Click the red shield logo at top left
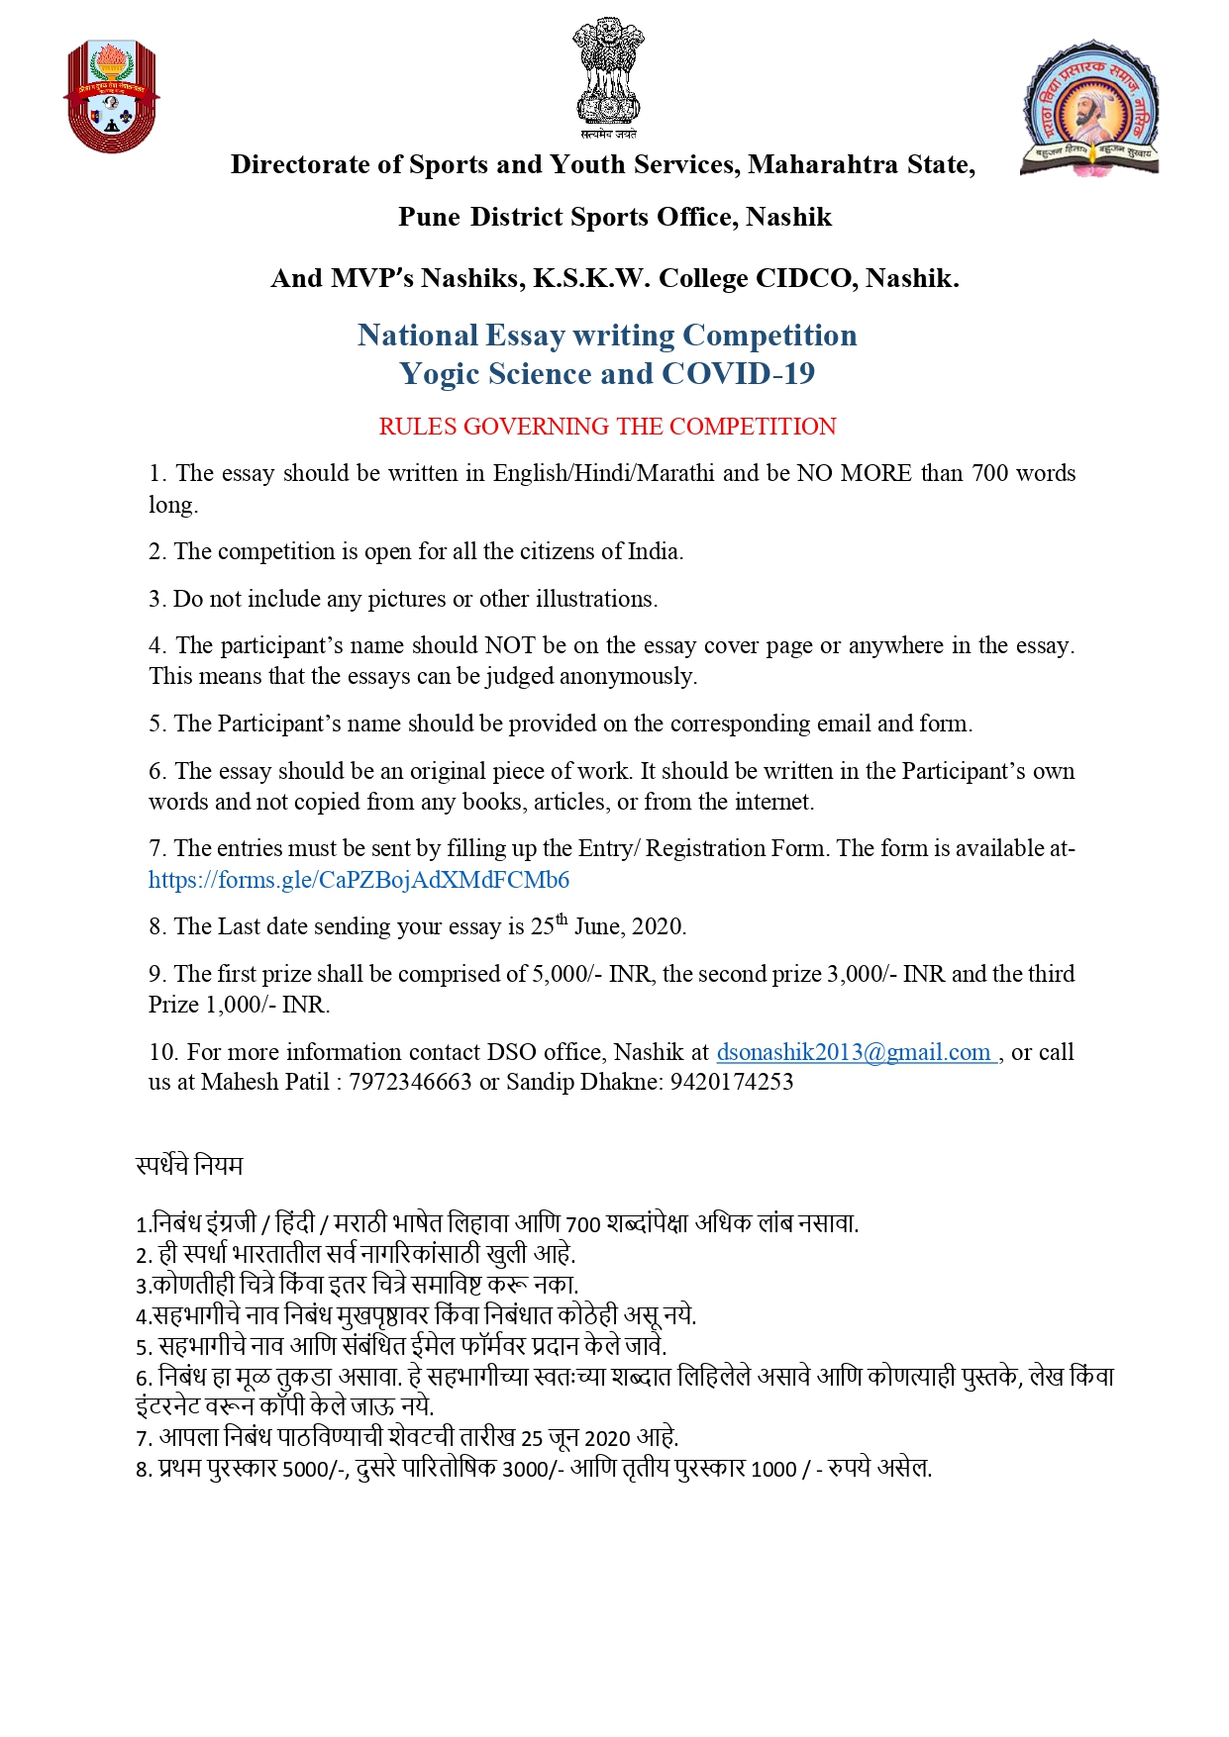(x=111, y=96)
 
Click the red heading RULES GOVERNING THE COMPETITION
(x=607, y=427)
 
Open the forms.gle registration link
(x=358, y=880)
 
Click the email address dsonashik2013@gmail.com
(x=854, y=1052)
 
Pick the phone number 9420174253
(x=732, y=1082)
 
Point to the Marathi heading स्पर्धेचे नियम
(x=189, y=1165)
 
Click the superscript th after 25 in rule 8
(x=562, y=919)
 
